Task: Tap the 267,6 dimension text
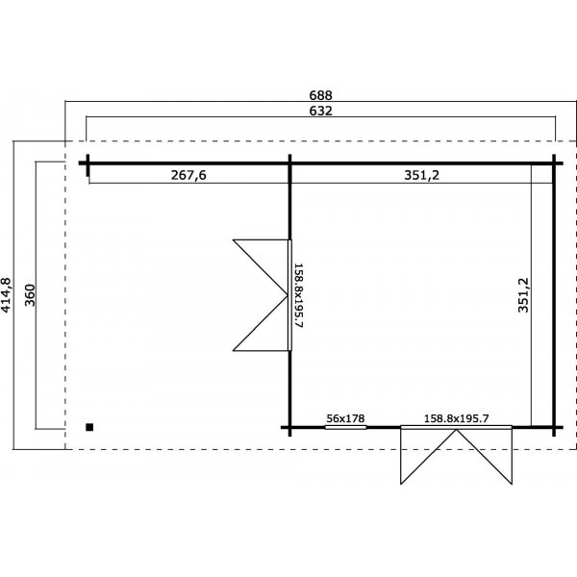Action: pos(188,176)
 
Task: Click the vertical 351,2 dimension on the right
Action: pos(522,297)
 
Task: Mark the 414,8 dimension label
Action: pos(8,295)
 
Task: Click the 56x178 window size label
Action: pos(345,418)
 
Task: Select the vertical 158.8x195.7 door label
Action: pos(298,296)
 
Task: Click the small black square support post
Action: pos(89,428)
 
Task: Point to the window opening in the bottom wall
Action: pos(345,427)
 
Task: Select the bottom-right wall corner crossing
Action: pos(554,427)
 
